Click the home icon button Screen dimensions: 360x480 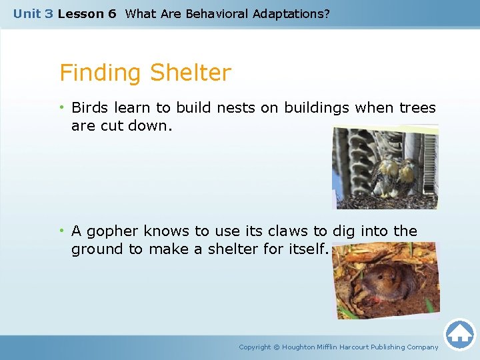(460, 335)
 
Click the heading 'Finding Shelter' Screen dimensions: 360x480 (145, 73)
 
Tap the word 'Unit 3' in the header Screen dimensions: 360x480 (33, 13)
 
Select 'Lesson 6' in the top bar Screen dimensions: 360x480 (87, 13)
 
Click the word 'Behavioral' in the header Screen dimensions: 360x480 (219, 13)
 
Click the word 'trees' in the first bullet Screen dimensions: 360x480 (417, 108)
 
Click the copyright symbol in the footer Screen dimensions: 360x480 (277, 347)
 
